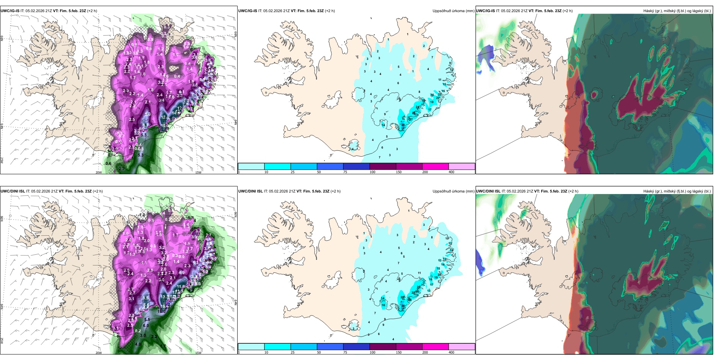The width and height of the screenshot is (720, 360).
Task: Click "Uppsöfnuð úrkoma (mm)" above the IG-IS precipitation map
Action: tap(453, 11)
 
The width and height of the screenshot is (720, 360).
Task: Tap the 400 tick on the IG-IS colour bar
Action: tap(451, 172)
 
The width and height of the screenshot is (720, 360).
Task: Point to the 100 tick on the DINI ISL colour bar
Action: tap(373, 352)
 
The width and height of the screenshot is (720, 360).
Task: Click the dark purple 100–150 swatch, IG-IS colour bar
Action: tap(383, 166)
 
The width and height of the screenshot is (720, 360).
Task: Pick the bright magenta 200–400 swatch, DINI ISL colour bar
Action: tap(435, 347)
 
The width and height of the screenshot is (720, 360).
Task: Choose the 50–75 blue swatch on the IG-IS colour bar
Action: tap(330, 166)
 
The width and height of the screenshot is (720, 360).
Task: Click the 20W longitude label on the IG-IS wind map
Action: tap(99, 172)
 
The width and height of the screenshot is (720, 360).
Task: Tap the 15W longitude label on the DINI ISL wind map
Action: tap(198, 353)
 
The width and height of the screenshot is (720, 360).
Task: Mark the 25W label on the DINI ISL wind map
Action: tap(2, 341)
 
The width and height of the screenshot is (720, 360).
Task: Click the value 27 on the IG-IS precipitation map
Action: tap(410, 119)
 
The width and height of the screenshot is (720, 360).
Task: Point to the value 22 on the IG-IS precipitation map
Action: tap(440, 94)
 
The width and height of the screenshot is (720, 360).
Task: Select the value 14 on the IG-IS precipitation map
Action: tap(383, 125)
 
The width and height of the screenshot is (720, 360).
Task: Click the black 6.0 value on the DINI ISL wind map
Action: tap(146, 326)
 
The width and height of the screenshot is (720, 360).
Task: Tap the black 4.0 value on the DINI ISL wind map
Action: tap(138, 344)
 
